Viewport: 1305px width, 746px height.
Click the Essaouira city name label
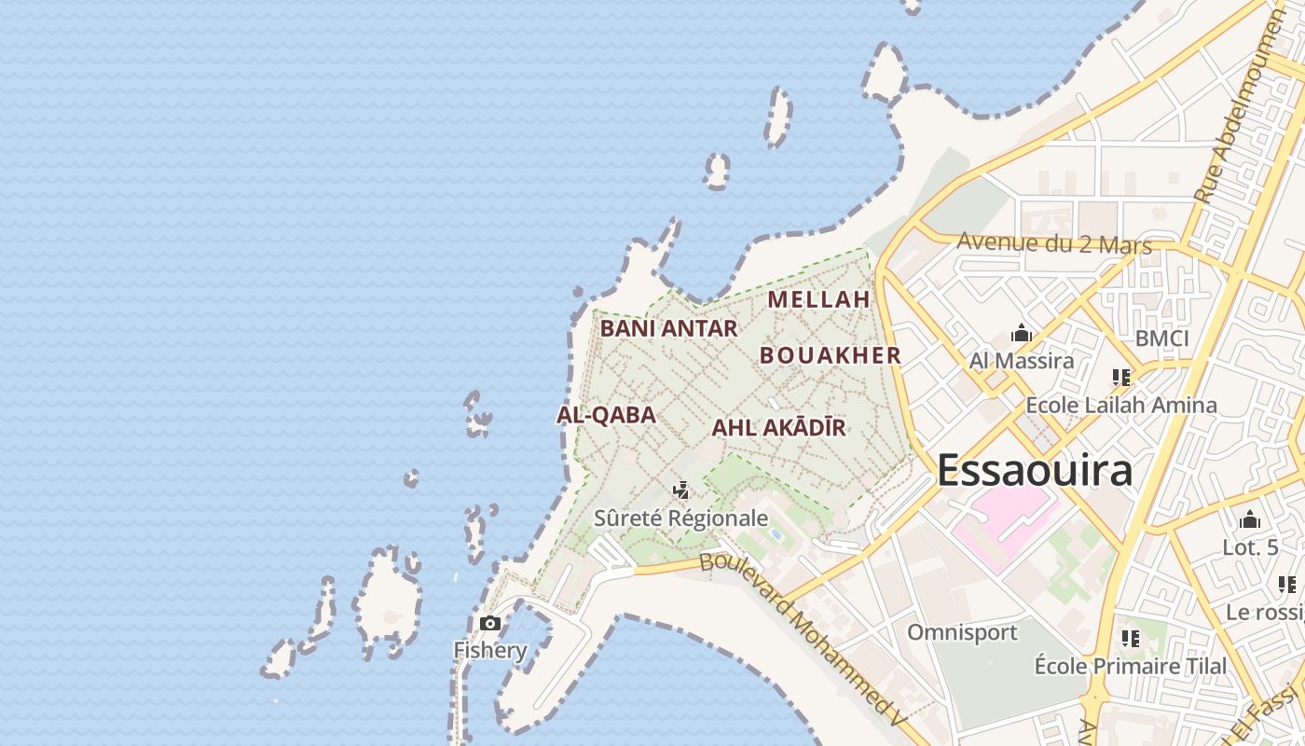pyautogui.click(x=1035, y=470)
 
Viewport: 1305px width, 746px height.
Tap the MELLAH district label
pyautogui.click(x=818, y=299)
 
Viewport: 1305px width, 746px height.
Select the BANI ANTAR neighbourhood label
pyautogui.click(x=668, y=328)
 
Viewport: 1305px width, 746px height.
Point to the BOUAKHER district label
pyautogui.click(x=831, y=355)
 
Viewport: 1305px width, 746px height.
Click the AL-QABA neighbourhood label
pyautogui.click(x=606, y=416)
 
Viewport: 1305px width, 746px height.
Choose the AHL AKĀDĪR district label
pyautogui.click(x=778, y=428)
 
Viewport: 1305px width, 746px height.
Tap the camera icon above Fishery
pyautogui.click(x=490, y=623)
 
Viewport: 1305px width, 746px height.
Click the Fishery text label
pyautogui.click(x=490, y=650)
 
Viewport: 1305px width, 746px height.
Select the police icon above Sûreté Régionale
pyautogui.click(x=681, y=490)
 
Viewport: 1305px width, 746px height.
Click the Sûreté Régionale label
pyautogui.click(x=681, y=518)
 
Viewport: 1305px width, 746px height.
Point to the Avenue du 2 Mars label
pyautogui.click(x=1054, y=244)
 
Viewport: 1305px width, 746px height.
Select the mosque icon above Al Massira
pyautogui.click(x=1022, y=334)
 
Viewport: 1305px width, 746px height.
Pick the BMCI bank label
pyautogui.click(x=1161, y=338)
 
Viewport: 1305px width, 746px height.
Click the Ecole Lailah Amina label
pyautogui.click(x=1120, y=405)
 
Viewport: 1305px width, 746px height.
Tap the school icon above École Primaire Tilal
pyautogui.click(x=1131, y=639)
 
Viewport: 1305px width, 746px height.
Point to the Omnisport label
pyautogui.click(x=963, y=632)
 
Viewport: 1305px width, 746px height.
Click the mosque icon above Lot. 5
pyautogui.click(x=1250, y=520)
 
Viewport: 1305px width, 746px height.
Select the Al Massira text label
pyautogui.click(x=1022, y=361)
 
